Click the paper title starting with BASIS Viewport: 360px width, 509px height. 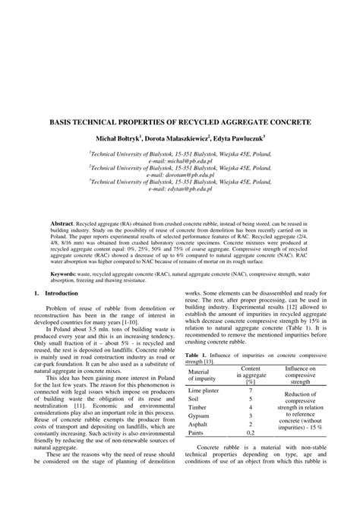point(180,121)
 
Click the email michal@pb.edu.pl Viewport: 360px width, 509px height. point(179,161)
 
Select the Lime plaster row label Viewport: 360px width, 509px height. point(204,389)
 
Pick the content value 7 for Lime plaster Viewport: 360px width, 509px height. point(251,389)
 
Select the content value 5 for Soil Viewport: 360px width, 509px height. point(251,399)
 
